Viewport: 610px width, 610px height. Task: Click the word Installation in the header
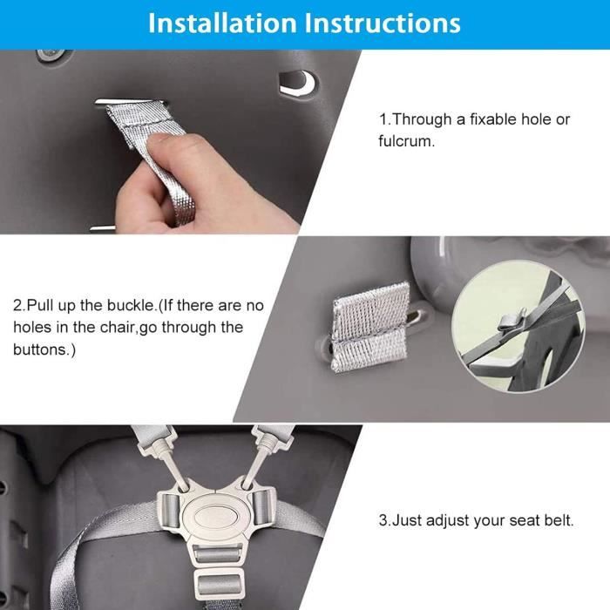pos(222,23)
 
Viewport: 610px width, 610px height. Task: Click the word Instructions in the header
pos(382,23)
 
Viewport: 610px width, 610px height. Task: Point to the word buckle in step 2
pos(131,305)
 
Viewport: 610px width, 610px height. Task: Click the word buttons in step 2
pos(40,349)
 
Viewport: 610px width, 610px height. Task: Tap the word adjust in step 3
pos(445,520)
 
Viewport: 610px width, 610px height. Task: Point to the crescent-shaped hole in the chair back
pos(299,83)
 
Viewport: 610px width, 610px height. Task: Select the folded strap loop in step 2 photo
pos(370,327)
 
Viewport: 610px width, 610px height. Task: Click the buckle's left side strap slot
pos(169,509)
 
